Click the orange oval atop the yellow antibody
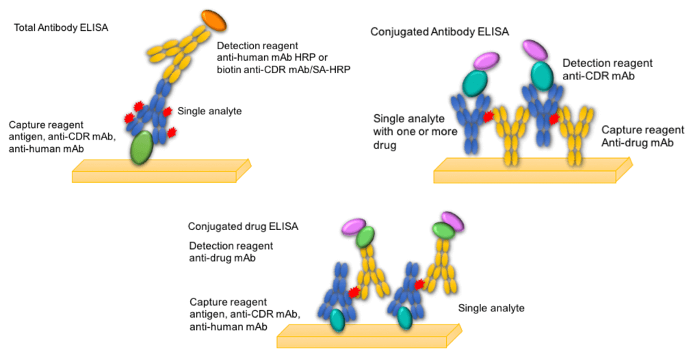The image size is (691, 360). pos(215,21)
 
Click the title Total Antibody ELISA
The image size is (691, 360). pos(61,28)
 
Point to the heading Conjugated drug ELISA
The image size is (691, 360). pos(243,226)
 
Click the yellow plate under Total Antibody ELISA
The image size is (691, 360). pos(157,171)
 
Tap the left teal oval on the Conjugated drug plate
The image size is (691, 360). pos(337,319)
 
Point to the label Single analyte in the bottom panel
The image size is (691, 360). pos(491,308)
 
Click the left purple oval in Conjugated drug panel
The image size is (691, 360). pos(354,226)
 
